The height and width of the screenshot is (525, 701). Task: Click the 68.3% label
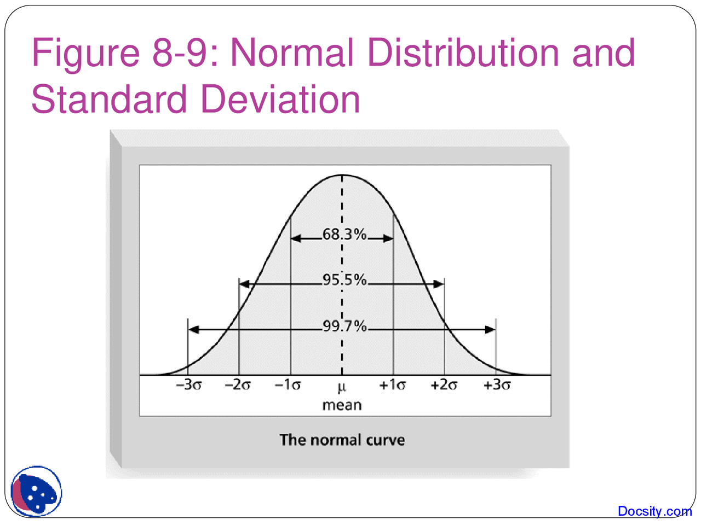pyautogui.click(x=344, y=235)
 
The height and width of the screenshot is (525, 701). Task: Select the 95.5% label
pyautogui.click(x=344, y=280)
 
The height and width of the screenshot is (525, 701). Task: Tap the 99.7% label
pyautogui.click(x=344, y=326)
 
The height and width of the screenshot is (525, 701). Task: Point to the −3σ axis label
pyautogui.click(x=189, y=385)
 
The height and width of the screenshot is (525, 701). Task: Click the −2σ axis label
pyautogui.click(x=238, y=385)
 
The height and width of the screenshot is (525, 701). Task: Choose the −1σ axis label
pyautogui.click(x=288, y=385)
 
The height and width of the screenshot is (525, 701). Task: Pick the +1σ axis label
pyautogui.click(x=393, y=385)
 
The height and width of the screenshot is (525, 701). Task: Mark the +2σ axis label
pyautogui.click(x=444, y=385)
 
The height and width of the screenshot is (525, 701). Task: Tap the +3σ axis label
pyautogui.click(x=497, y=385)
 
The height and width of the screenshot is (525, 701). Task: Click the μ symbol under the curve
pyautogui.click(x=342, y=388)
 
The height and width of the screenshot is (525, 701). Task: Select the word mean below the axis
pyautogui.click(x=342, y=405)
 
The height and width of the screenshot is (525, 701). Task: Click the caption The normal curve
pyautogui.click(x=342, y=440)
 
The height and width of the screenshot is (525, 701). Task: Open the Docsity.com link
pyautogui.click(x=654, y=511)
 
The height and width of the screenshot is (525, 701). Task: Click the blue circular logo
pyautogui.click(x=36, y=492)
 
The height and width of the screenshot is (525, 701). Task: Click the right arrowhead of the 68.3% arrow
pyautogui.click(x=388, y=238)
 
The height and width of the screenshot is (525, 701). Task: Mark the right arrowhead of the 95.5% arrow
pyautogui.click(x=439, y=284)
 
